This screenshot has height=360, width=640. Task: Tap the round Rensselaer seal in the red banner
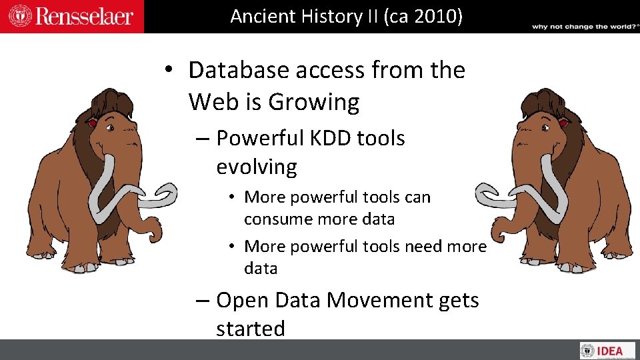(19, 16)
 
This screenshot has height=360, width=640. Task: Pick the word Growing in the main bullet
(313, 102)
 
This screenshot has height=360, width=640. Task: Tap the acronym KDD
(331, 138)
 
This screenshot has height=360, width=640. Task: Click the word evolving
(256, 167)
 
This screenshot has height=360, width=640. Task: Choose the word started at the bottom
(250, 329)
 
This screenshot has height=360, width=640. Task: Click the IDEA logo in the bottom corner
(607, 351)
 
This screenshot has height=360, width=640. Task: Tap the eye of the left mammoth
(93, 124)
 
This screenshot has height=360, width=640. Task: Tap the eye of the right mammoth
(563, 124)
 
